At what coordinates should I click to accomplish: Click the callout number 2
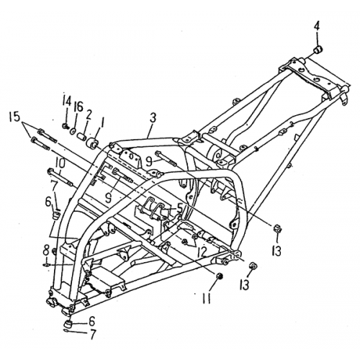(89, 114)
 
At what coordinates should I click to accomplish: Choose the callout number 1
(102, 122)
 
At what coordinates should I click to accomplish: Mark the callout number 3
(152, 117)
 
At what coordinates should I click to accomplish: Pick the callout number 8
(46, 251)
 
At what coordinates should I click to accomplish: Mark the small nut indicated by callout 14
(65, 125)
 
